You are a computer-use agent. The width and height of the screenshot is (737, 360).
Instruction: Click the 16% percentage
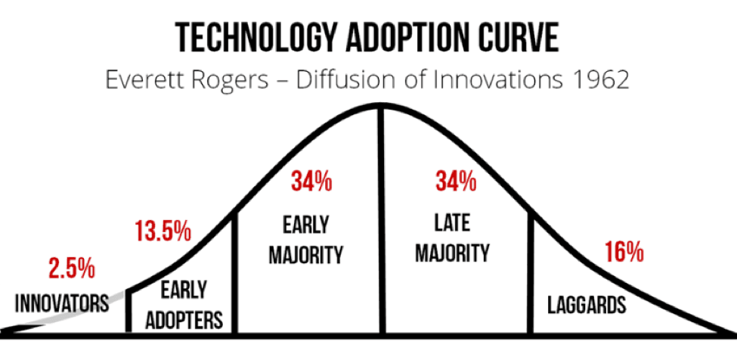coord(624,252)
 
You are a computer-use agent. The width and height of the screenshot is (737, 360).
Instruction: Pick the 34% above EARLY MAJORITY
coord(311,182)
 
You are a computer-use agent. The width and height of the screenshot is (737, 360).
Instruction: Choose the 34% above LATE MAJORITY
coord(455,182)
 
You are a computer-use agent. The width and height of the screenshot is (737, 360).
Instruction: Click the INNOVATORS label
coord(63,303)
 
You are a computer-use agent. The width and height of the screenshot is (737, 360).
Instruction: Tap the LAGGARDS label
coord(587,306)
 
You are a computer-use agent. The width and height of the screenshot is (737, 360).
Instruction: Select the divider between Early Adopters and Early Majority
coord(235,272)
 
